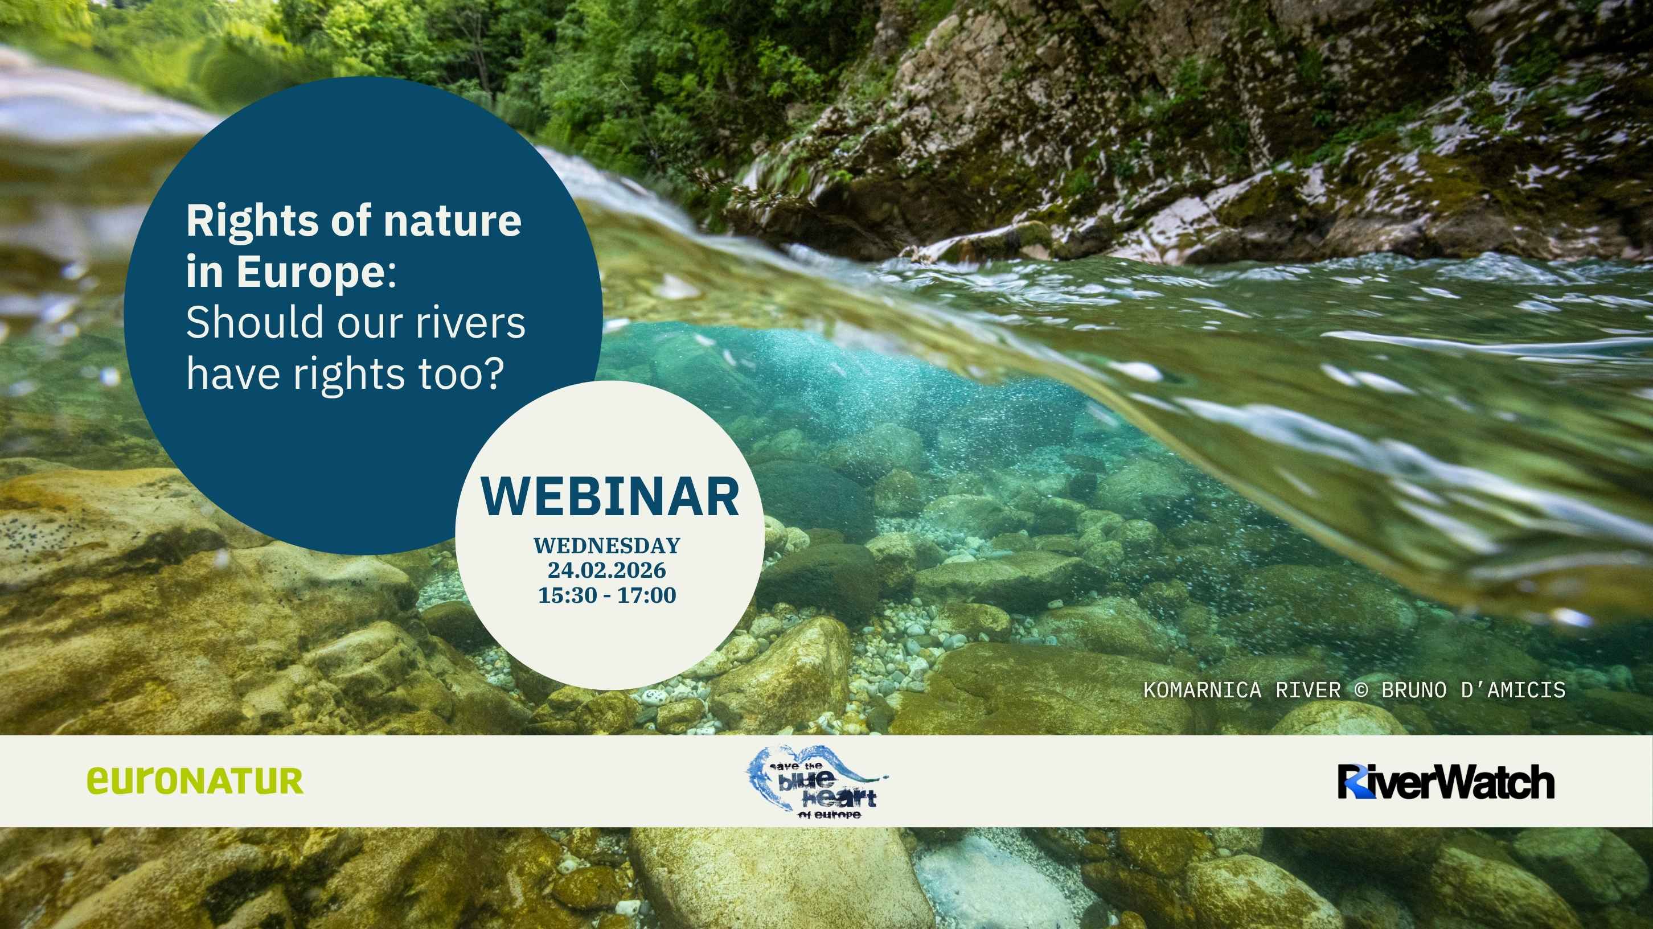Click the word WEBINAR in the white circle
[x=610, y=496]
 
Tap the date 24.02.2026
[x=606, y=570]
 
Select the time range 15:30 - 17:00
[x=606, y=595]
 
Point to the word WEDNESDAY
[x=606, y=545]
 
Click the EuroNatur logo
[x=195, y=781]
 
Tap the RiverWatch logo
[x=1446, y=782]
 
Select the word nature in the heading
[x=452, y=221]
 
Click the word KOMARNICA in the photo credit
[x=1203, y=690]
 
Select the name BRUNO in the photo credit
[x=1414, y=690]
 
